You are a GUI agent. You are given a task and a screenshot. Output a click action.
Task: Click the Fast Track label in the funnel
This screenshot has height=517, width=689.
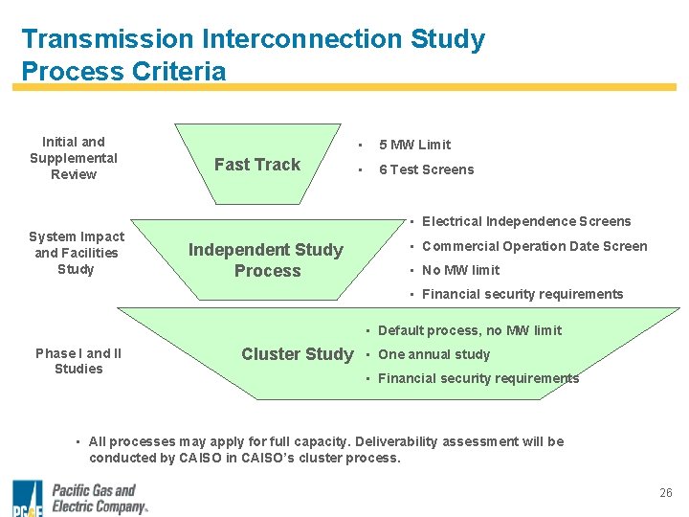tap(256, 165)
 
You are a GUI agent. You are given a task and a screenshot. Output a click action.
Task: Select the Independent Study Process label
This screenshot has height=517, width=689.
tap(266, 260)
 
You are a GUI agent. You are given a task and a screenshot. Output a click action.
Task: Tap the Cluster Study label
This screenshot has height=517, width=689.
tap(297, 354)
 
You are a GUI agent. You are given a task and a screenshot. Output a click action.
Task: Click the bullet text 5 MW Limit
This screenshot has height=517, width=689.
tap(414, 145)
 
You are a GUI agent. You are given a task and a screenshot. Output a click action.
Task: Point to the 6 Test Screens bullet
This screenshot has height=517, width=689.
tap(426, 169)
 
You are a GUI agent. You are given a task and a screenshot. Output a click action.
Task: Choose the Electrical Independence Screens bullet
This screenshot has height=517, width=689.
tap(526, 221)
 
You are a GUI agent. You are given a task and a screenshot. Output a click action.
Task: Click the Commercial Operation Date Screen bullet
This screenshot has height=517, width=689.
tap(534, 246)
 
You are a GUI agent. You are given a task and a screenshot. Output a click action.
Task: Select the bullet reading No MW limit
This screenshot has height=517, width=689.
tap(460, 270)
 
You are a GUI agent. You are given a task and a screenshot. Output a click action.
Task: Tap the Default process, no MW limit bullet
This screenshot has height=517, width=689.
tap(470, 330)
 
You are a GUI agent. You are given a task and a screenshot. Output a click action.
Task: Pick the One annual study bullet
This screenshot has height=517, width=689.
tap(433, 354)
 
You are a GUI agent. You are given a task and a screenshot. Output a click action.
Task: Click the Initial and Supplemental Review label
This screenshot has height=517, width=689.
tap(74, 158)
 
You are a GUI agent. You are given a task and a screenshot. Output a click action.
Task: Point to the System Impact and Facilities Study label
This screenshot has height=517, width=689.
tap(76, 253)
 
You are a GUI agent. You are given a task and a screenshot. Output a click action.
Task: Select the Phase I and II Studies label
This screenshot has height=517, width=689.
tap(78, 361)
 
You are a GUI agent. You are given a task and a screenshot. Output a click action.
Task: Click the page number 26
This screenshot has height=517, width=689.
tap(666, 493)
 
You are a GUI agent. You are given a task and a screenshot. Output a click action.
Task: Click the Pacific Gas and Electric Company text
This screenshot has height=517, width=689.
tap(99, 499)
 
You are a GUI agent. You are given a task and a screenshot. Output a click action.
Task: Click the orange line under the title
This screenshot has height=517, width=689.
tap(344, 87)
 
